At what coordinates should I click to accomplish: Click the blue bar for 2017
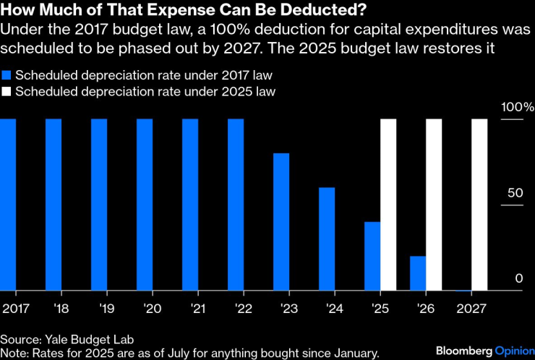pyautogui.click(x=8, y=205)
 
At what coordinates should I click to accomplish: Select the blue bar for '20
pyautogui.click(x=145, y=205)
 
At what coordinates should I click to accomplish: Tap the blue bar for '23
pyautogui.click(x=281, y=222)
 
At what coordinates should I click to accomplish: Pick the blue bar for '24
pyautogui.click(x=327, y=239)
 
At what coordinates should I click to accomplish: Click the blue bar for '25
pyautogui.click(x=372, y=256)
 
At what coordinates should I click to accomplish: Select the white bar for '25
pyautogui.click(x=388, y=205)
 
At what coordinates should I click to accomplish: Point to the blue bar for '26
pyautogui.click(x=418, y=273)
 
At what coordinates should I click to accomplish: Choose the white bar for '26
pyautogui.click(x=434, y=205)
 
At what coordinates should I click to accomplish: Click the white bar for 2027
pyautogui.click(x=479, y=205)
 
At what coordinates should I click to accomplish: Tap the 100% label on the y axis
pyautogui.click(x=518, y=107)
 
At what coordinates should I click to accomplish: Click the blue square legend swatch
pyautogui.click(x=7, y=75)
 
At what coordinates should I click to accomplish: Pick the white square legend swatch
pyautogui.click(x=7, y=92)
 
